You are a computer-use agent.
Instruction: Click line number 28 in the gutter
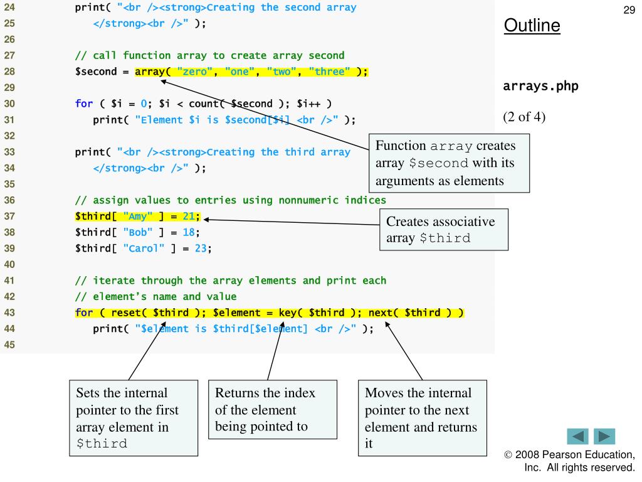(x=10, y=71)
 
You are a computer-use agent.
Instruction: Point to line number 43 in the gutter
(x=10, y=312)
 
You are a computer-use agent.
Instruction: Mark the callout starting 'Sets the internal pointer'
(x=134, y=418)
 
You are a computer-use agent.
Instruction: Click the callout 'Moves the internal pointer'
(x=422, y=418)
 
